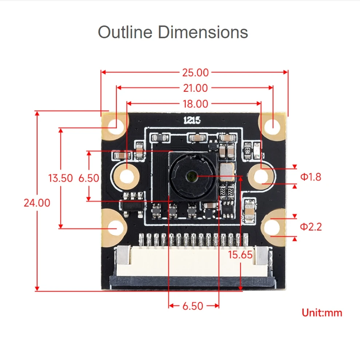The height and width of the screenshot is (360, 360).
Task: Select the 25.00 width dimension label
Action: pos(195,72)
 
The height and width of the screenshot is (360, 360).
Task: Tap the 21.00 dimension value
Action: pos(195,88)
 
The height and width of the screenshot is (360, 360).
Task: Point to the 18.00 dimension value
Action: pos(195,104)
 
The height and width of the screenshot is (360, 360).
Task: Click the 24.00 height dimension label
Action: pos(37,203)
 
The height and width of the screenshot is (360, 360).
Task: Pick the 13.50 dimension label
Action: pos(61,178)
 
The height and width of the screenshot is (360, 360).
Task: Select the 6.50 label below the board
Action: pos(193,306)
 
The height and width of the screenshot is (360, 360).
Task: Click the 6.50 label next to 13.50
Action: pos(89,178)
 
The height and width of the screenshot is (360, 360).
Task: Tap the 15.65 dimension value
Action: pos(240,255)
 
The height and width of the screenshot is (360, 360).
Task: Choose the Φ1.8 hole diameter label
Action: pos(311,177)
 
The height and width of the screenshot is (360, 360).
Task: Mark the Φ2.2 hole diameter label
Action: pos(311,227)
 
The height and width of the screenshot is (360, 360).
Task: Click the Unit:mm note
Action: pos(322,313)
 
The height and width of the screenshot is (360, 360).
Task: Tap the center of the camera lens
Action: pos(191,177)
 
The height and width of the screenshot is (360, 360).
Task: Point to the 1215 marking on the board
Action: pos(192,120)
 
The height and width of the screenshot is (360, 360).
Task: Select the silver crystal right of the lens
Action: pos(227,172)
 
